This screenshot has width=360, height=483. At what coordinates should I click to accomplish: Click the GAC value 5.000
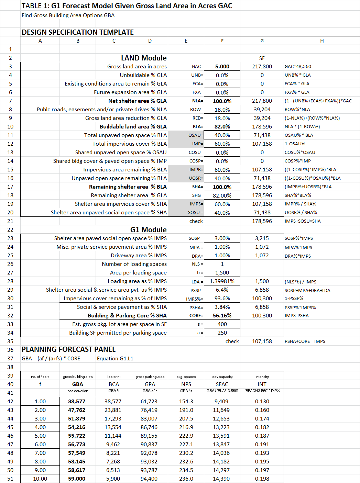(x=222, y=67)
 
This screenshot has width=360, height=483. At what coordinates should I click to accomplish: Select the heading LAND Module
(x=144, y=58)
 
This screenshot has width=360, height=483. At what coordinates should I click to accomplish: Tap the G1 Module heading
(x=148, y=230)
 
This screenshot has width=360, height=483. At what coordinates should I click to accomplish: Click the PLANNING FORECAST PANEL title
(x=68, y=349)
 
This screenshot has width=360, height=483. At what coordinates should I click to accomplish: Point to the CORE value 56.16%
(x=222, y=316)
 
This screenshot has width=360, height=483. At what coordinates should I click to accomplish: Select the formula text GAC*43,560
(x=298, y=67)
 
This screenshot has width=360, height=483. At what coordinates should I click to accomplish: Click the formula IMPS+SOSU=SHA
(x=303, y=221)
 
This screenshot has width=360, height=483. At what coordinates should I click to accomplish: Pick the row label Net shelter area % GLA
(x=137, y=101)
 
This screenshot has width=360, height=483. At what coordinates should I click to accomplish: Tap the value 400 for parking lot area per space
(x=222, y=324)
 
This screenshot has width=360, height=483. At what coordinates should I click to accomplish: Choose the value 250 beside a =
(x=222, y=333)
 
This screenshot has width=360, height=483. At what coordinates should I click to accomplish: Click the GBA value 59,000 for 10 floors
(x=77, y=479)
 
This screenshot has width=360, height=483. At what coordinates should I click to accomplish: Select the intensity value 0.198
(x=262, y=479)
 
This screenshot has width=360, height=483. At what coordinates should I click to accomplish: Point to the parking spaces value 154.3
(x=186, y=402)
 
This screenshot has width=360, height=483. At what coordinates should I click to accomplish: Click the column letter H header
(x=322, y=41)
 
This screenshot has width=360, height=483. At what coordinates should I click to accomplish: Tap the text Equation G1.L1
(x=115, y=359)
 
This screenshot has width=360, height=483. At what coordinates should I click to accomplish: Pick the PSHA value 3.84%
(x=222, y=307)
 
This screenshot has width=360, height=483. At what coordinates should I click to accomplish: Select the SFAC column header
(x=222, y=384)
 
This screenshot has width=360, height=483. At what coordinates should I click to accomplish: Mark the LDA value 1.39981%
(x=222, y=281)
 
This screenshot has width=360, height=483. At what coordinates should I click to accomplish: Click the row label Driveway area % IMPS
(x=139, y=256)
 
